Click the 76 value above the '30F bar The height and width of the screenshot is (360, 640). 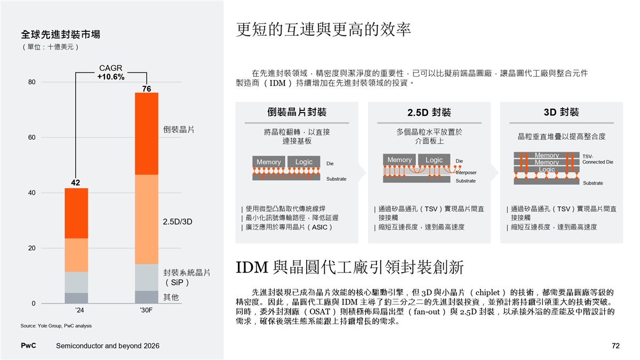pos(146,88)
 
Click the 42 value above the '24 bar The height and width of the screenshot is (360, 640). pos(76,183)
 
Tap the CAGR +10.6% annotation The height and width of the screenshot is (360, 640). pos(110,73)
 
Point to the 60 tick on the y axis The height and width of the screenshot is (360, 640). pos(32,138)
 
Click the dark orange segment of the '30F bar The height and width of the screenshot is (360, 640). pos(146,133)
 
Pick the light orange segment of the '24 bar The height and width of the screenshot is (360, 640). pos(76,255)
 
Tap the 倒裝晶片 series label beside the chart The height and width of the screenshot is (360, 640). pos(178,130)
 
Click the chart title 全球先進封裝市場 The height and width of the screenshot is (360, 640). pos(60,35)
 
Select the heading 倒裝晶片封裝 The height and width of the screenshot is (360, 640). pos(297,112)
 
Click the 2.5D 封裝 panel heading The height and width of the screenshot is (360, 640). pos(429,113)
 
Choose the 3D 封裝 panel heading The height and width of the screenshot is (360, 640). pos(561,112)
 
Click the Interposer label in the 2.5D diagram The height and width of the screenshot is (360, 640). pos(466,172)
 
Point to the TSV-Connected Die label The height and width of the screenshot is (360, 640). pos(597,159)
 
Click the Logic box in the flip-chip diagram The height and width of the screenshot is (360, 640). pos(304,162)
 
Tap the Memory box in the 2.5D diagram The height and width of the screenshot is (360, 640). pos(399,160)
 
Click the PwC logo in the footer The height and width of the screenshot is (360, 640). pos(28,346)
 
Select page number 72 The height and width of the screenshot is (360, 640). pos(615,346)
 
